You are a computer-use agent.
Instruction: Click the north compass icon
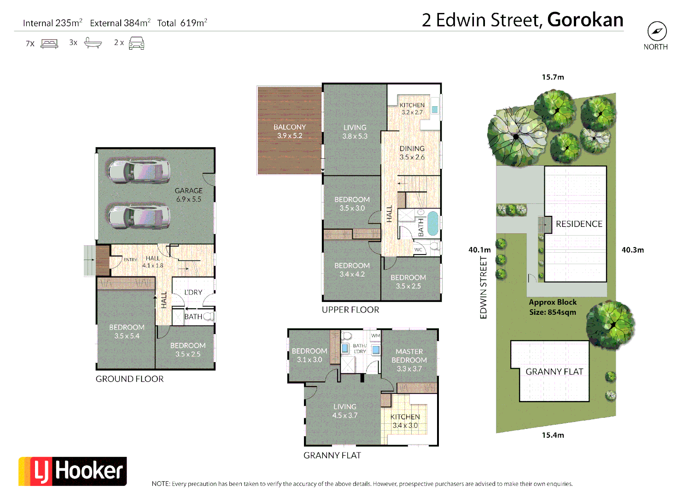[x=657, y=31]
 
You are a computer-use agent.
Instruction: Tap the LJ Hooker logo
[x=73, y=471]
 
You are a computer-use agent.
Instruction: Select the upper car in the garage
[x=139, y=171]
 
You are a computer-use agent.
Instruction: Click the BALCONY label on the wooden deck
[x=290, y=131]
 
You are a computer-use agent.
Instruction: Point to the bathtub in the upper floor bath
[x=433, y=223]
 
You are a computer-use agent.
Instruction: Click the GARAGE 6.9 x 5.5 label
[x=189, y=195]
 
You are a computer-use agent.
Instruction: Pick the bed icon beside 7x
[x=49, y=44]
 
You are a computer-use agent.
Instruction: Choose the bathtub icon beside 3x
[x=93, y=43]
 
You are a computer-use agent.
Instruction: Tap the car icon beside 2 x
[x=136, y=43]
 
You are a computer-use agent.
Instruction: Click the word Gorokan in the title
[x=585, y=20]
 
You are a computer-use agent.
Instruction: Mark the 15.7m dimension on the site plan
[x=553, y=77]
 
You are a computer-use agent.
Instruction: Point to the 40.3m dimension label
[x=632, y=250]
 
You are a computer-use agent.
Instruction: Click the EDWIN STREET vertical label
[x=483, y=288]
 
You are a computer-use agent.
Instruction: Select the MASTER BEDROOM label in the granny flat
[x=409, y=360]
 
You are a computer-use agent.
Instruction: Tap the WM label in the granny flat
[x=376, y=335]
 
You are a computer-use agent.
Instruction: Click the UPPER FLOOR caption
[x=350, y=310]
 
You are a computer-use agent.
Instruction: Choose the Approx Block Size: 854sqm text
[x=553, y=307]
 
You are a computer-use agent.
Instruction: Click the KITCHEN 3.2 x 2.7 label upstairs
[x=412, y=109]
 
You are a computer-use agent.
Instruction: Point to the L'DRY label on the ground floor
[x=193, y=292]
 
